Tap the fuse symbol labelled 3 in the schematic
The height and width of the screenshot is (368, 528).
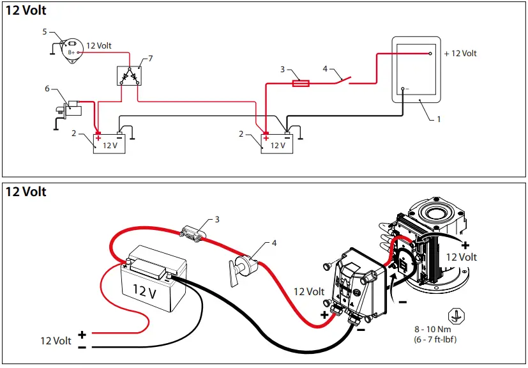(x=301, y=82)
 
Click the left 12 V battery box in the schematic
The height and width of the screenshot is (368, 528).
(x=110, y=143)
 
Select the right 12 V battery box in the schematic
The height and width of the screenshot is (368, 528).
(x=277, y=143)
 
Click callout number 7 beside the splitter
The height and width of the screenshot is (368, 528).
(x=151, y=59)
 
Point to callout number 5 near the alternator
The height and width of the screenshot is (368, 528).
(x=45, y=31)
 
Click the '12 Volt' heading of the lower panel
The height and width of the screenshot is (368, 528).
(x=26, y=192)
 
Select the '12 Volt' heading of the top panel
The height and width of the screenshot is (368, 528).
(x=26, y=11)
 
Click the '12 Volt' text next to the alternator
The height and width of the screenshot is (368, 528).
(x=99, y=45)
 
